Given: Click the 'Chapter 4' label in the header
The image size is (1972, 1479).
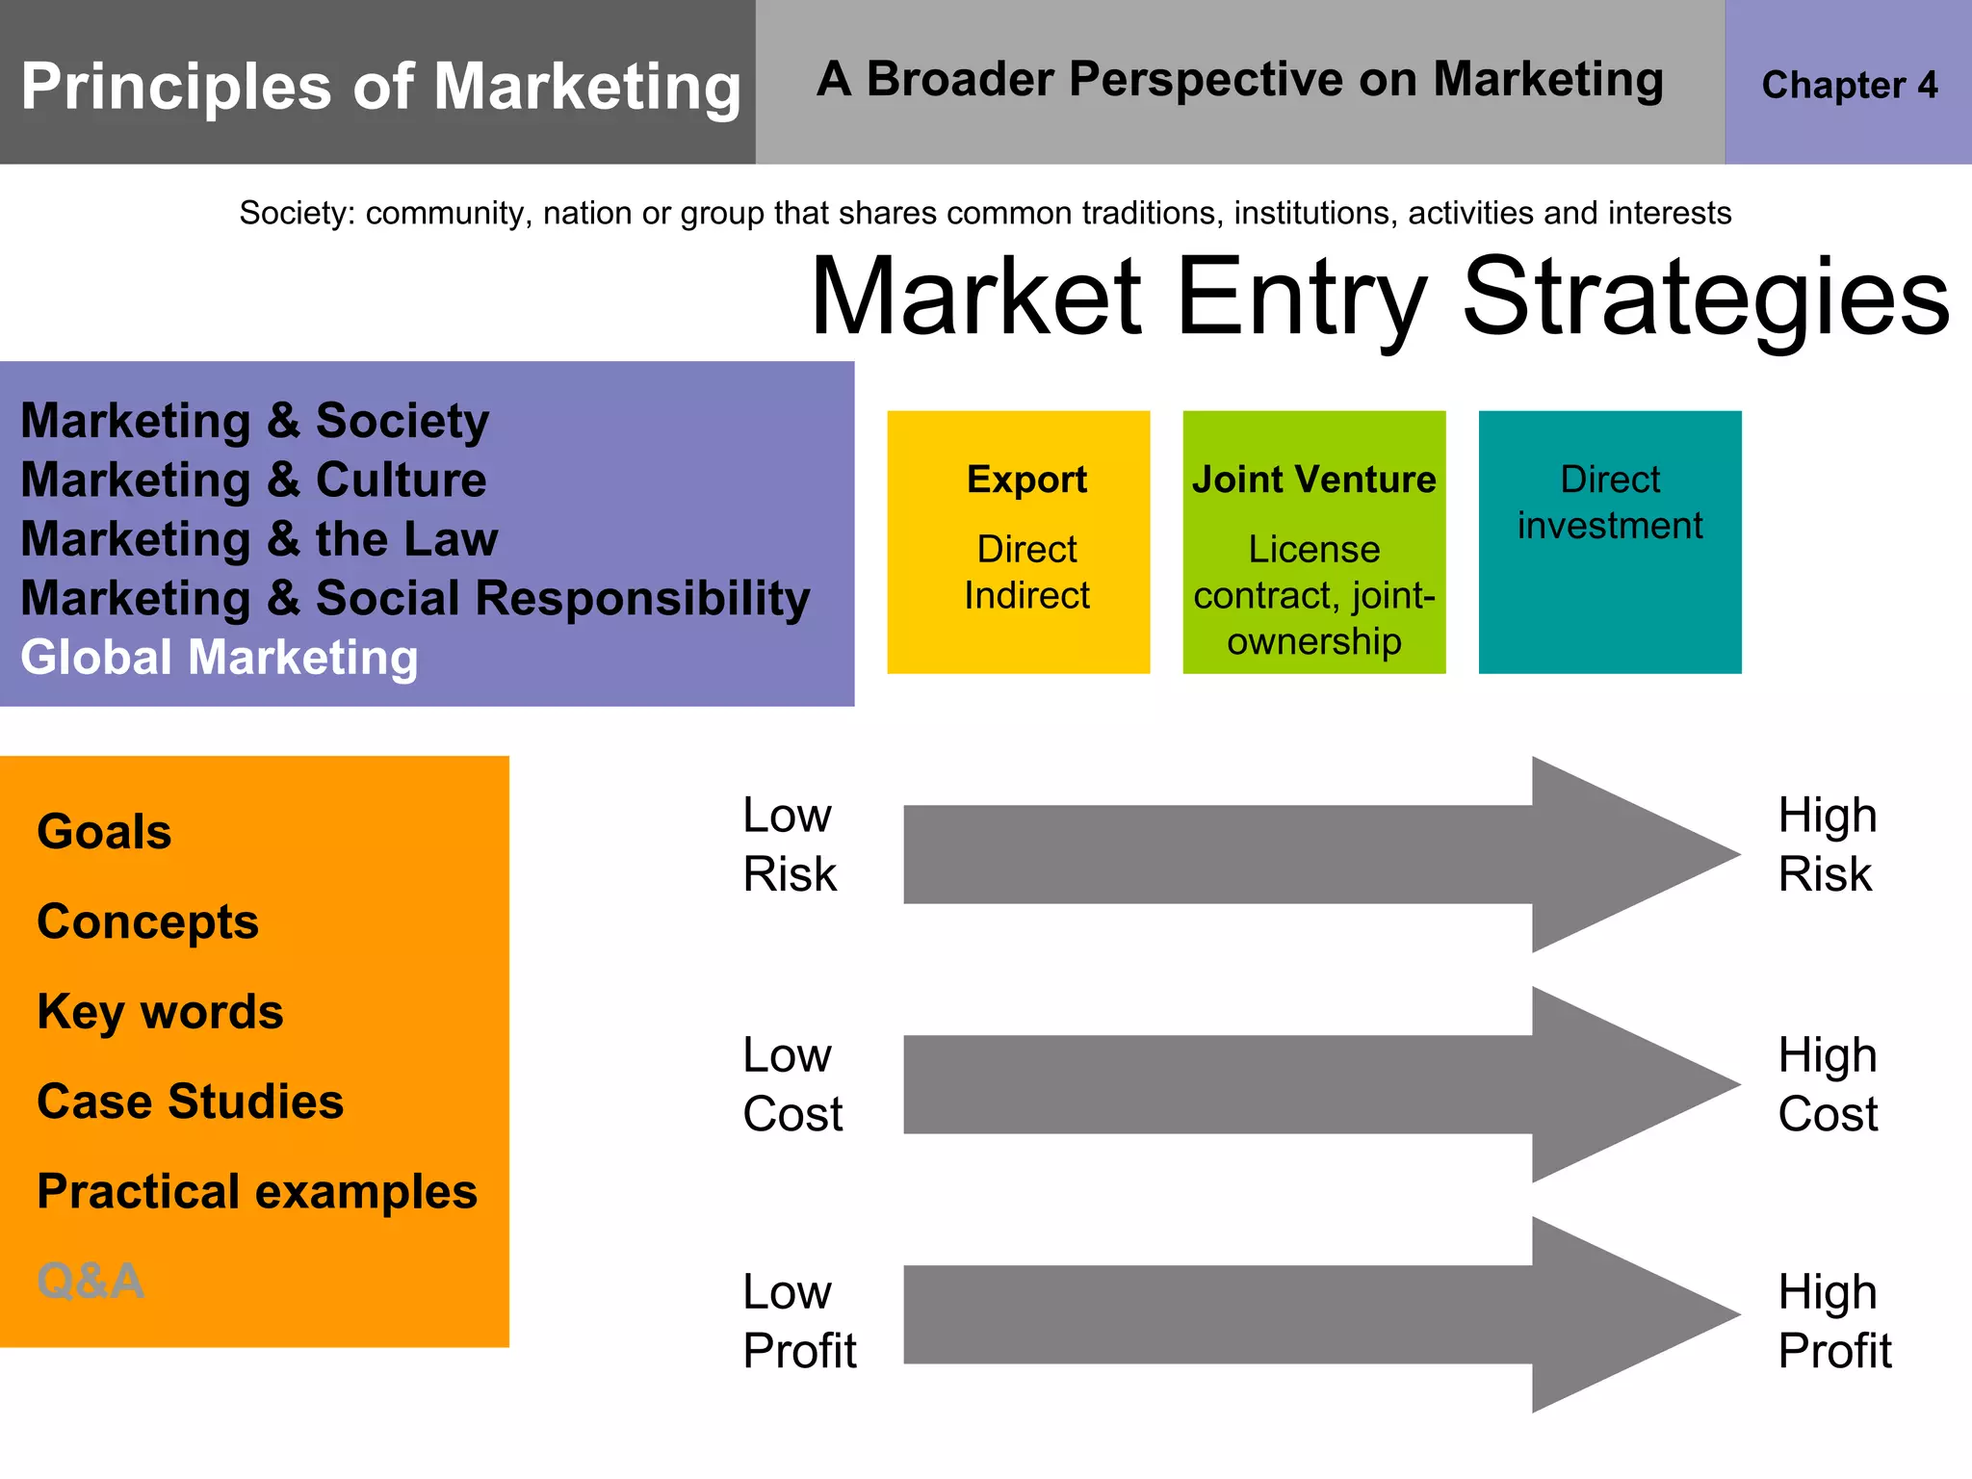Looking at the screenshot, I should tap(1849, 85).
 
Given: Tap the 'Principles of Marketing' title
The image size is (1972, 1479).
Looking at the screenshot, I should tap(380, 87).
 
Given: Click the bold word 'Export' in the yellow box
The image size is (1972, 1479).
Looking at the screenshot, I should tap(1026, 480).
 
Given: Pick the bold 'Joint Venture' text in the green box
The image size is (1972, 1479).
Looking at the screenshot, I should tap(1313, 480).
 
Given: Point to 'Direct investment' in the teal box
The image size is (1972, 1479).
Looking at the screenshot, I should tap(1610, 503).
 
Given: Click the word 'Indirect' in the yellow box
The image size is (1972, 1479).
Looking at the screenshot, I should tap(1026, 596).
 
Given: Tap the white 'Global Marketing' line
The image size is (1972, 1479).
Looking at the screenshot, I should tap(220, 658).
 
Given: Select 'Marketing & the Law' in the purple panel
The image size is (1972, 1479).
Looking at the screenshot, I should tap(259, 539).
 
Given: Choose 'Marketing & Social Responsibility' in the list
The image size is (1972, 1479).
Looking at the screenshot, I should tap(415, 598).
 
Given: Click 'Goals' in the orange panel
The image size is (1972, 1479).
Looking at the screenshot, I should tap(104, 832).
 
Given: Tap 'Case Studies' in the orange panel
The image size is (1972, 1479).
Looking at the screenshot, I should tap(190, 1102).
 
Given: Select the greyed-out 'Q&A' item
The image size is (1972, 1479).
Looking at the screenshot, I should tap(91, 1282).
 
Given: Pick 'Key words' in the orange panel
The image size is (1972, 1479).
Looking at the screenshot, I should tap(160, 1012).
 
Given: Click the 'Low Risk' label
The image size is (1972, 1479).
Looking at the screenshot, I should tap(789, 845).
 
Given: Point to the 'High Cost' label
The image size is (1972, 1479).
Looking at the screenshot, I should tap(1827, 1085).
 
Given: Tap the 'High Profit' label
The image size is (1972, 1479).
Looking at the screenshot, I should tap(1834, 1321).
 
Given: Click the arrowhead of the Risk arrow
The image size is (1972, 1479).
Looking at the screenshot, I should tap(1627, 855).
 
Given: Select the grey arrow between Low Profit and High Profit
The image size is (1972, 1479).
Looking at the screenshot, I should tap(1252, 1315).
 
